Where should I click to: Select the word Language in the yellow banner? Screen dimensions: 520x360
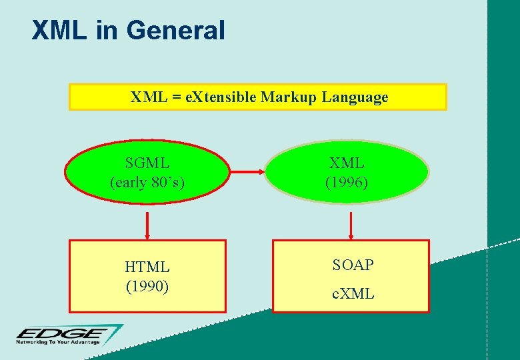point(355,97)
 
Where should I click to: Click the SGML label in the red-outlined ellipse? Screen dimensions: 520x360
point(147,163)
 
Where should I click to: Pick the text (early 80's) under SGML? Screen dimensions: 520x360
point(147,181)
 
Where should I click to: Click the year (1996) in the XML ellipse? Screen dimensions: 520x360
point(347,181)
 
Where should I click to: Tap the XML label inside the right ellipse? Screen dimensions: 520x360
point(347,163)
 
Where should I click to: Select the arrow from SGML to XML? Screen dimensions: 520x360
point(247,172)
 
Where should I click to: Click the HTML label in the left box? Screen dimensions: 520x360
point(147,267)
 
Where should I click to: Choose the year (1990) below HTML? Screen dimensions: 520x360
point(147,286)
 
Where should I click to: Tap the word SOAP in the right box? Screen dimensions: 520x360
point(353,265)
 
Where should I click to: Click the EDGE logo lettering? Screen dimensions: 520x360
point(60,333)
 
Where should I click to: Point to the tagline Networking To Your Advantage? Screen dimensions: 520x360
point(58,343)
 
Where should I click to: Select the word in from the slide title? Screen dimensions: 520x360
point(107,31)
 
